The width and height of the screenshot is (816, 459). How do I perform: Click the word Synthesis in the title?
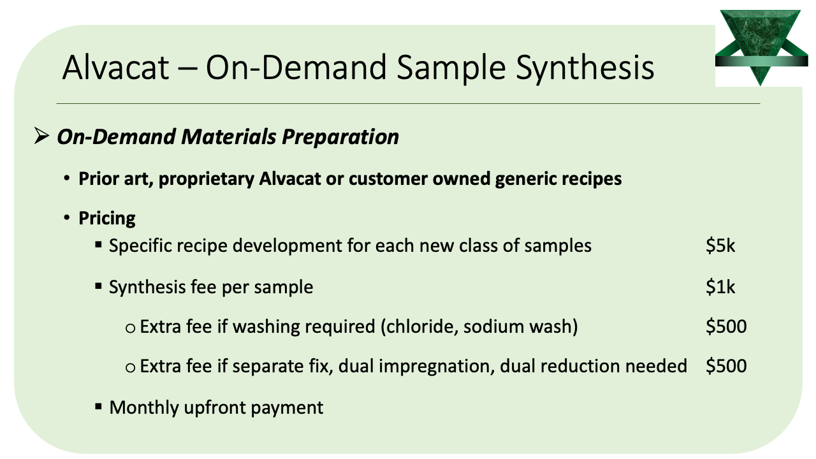[x=585, y=68]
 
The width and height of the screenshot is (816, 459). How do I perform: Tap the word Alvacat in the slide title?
[x=115, y=68]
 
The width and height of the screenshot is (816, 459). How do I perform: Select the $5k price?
[x=720, y=245]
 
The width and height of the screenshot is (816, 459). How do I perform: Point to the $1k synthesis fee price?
[x=720, y=287]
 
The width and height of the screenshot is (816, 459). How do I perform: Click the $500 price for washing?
[x=726, y=326]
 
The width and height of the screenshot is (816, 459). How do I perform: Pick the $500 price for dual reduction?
[x=726, y=366]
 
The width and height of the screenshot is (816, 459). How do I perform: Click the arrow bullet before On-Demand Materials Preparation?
[x=41, y=136]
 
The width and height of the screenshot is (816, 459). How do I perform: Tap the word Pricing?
[x=107, y=219]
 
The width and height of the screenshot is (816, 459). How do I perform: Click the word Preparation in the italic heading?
[x=340, y=137]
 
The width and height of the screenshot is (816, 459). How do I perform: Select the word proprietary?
[x=206, y=179]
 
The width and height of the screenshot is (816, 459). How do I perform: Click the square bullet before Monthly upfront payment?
[x=98, y=407]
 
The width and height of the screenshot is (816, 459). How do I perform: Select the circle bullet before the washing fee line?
[x=130, y=328]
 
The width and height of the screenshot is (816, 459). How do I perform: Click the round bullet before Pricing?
[x=67, y=218]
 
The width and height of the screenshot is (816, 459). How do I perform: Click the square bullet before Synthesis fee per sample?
[x=98, y=286]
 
